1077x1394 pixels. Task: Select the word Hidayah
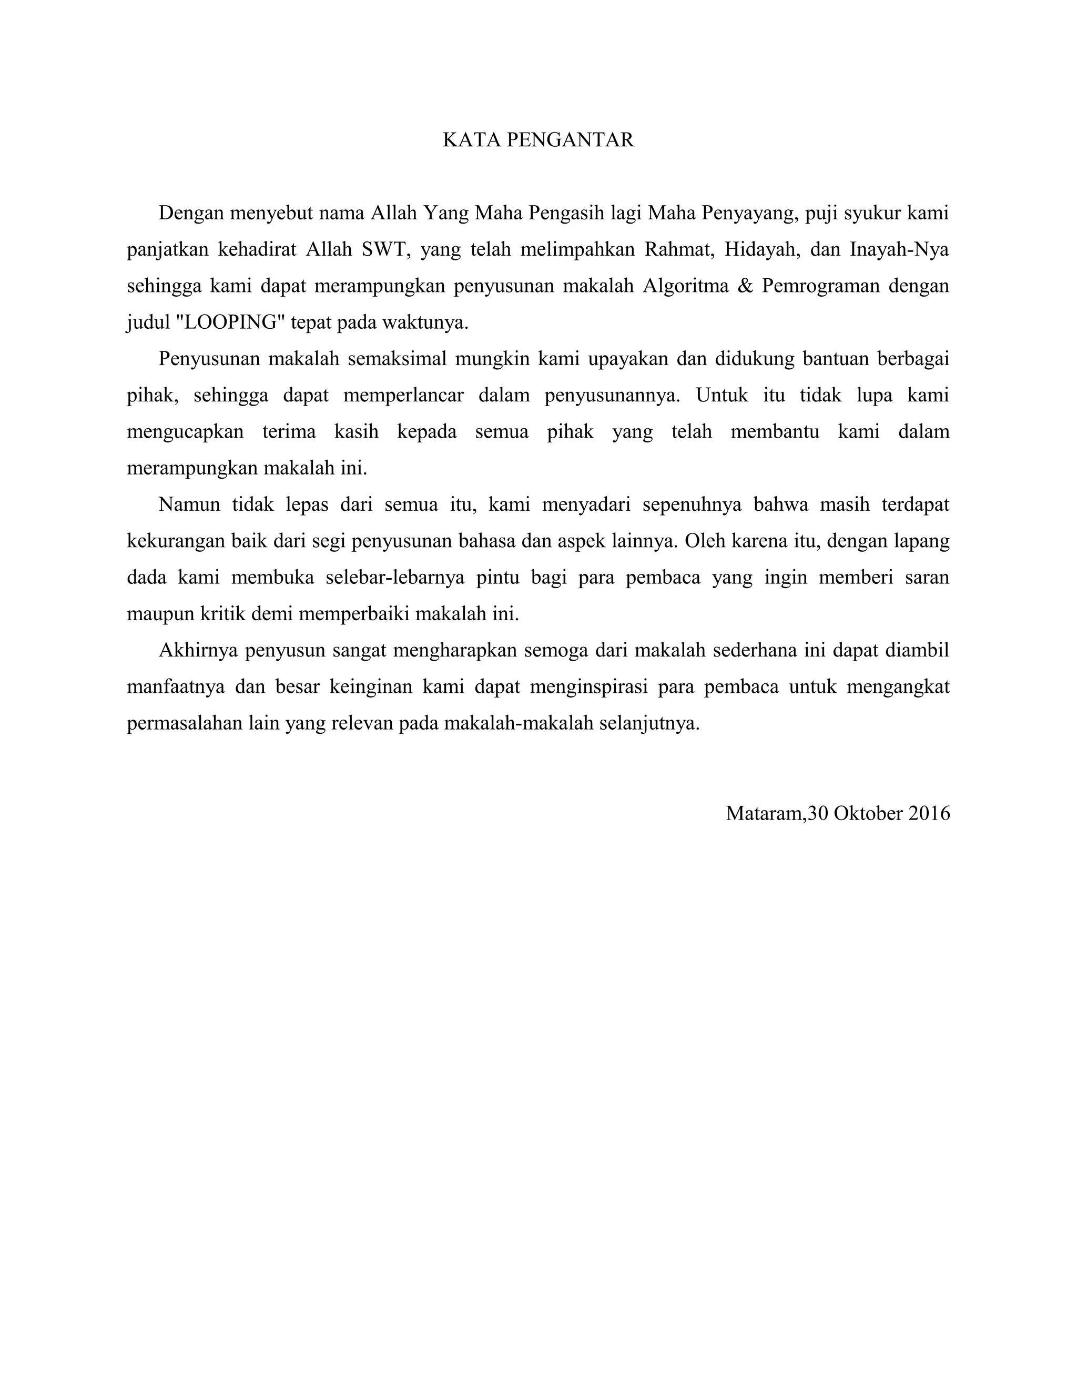coord(762,249)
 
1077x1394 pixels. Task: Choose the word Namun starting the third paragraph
coord(189,504)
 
